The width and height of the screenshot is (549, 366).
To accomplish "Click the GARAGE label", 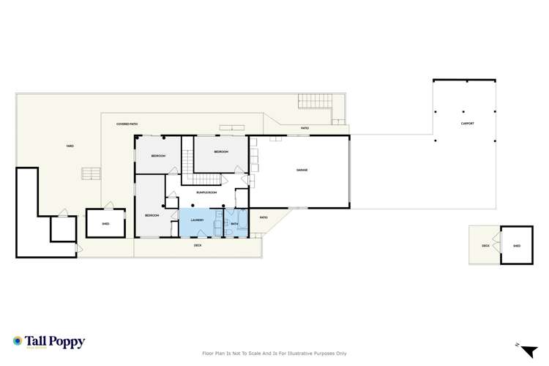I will tap(302, 170).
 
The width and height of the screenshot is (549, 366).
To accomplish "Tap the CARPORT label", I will tap(468, 123).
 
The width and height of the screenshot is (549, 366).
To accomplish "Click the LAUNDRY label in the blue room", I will tap(197, 220).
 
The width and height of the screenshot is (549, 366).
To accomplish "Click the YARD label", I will tap(70, 146).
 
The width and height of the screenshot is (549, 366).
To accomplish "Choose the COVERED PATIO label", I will tap(127, 124).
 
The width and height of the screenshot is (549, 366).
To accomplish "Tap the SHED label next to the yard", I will tap(105, 224).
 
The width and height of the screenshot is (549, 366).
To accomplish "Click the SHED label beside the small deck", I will tap(517, 246).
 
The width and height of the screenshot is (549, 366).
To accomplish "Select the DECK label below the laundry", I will tap(198, 246).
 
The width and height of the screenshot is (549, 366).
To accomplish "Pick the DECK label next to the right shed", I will tap(485, 246).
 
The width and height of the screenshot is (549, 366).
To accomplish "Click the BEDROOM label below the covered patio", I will tap(158, 157).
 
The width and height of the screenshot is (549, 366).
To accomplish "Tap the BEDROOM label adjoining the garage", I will tap(222, 152).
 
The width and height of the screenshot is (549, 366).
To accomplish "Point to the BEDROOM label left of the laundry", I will tap(152, 215).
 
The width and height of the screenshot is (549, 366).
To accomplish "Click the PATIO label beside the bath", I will tap(264, 217).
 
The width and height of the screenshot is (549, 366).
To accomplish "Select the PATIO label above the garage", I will tap(305, 129).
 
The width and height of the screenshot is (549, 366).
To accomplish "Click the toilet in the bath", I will tap(230, 231).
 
